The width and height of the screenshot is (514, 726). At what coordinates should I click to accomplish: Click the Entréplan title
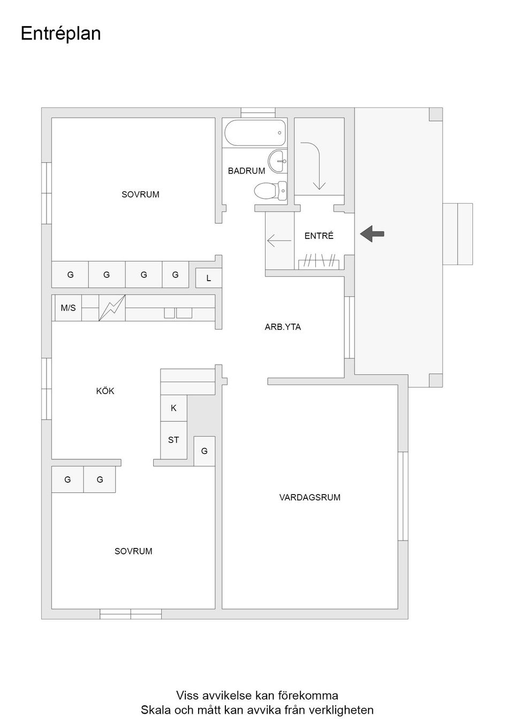point(61,34)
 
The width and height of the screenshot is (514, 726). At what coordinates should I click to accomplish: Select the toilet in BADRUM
point(270,190)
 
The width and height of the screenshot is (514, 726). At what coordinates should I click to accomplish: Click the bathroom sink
point(277,161)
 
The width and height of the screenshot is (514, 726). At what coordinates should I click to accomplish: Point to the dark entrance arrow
point(372,234)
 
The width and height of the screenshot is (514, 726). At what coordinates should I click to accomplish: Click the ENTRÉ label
point(319,236)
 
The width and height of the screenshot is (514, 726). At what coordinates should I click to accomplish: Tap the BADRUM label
point(246,171)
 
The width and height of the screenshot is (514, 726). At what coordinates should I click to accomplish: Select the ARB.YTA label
point(283,327)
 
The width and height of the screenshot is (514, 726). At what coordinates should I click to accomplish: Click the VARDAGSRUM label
point(309,497)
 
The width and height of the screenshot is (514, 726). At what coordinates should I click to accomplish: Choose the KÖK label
point(105,391)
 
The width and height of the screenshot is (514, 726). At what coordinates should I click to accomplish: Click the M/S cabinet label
point(68,308)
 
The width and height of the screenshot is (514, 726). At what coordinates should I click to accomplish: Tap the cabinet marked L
point(208,278)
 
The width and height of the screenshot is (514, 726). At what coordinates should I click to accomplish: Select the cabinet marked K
point(173,408)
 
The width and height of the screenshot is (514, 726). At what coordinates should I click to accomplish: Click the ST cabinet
point(173,440)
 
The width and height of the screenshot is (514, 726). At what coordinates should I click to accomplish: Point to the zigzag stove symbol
point(112,308)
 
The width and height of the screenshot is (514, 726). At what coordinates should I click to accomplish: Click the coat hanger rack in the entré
point(319,261)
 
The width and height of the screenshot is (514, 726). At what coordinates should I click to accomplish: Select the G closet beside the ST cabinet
point(204,451)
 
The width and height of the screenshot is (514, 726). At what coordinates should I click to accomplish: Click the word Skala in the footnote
point(156,710)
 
